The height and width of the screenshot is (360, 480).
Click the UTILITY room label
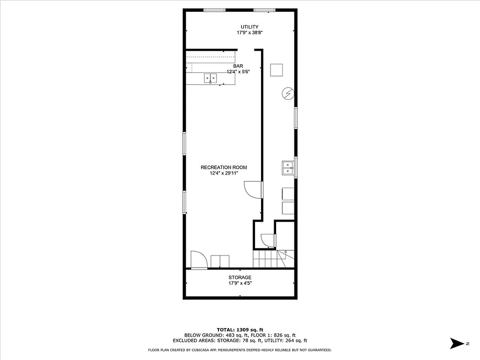pyautogui.click(x=249, y=27)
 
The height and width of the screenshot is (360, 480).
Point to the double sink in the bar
pyautogui.click(x=210, y=78)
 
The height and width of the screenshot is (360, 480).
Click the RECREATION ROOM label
pyautogui.click(x=224, y=167)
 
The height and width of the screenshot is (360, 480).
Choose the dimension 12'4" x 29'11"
pyautogui.click(x=224, y=173)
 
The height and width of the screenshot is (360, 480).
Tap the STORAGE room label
pyautogui.click(x=240, y=277)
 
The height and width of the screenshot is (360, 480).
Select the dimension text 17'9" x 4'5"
pyautogui.click(x=240, y=284)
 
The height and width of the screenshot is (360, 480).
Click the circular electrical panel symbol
pyautogui.click(x=288, y=94)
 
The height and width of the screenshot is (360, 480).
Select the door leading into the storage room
pyautogui.click(x=198, y=260)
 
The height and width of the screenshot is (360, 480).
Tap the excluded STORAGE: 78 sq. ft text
pyautogui.click(x=234, y=341)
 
